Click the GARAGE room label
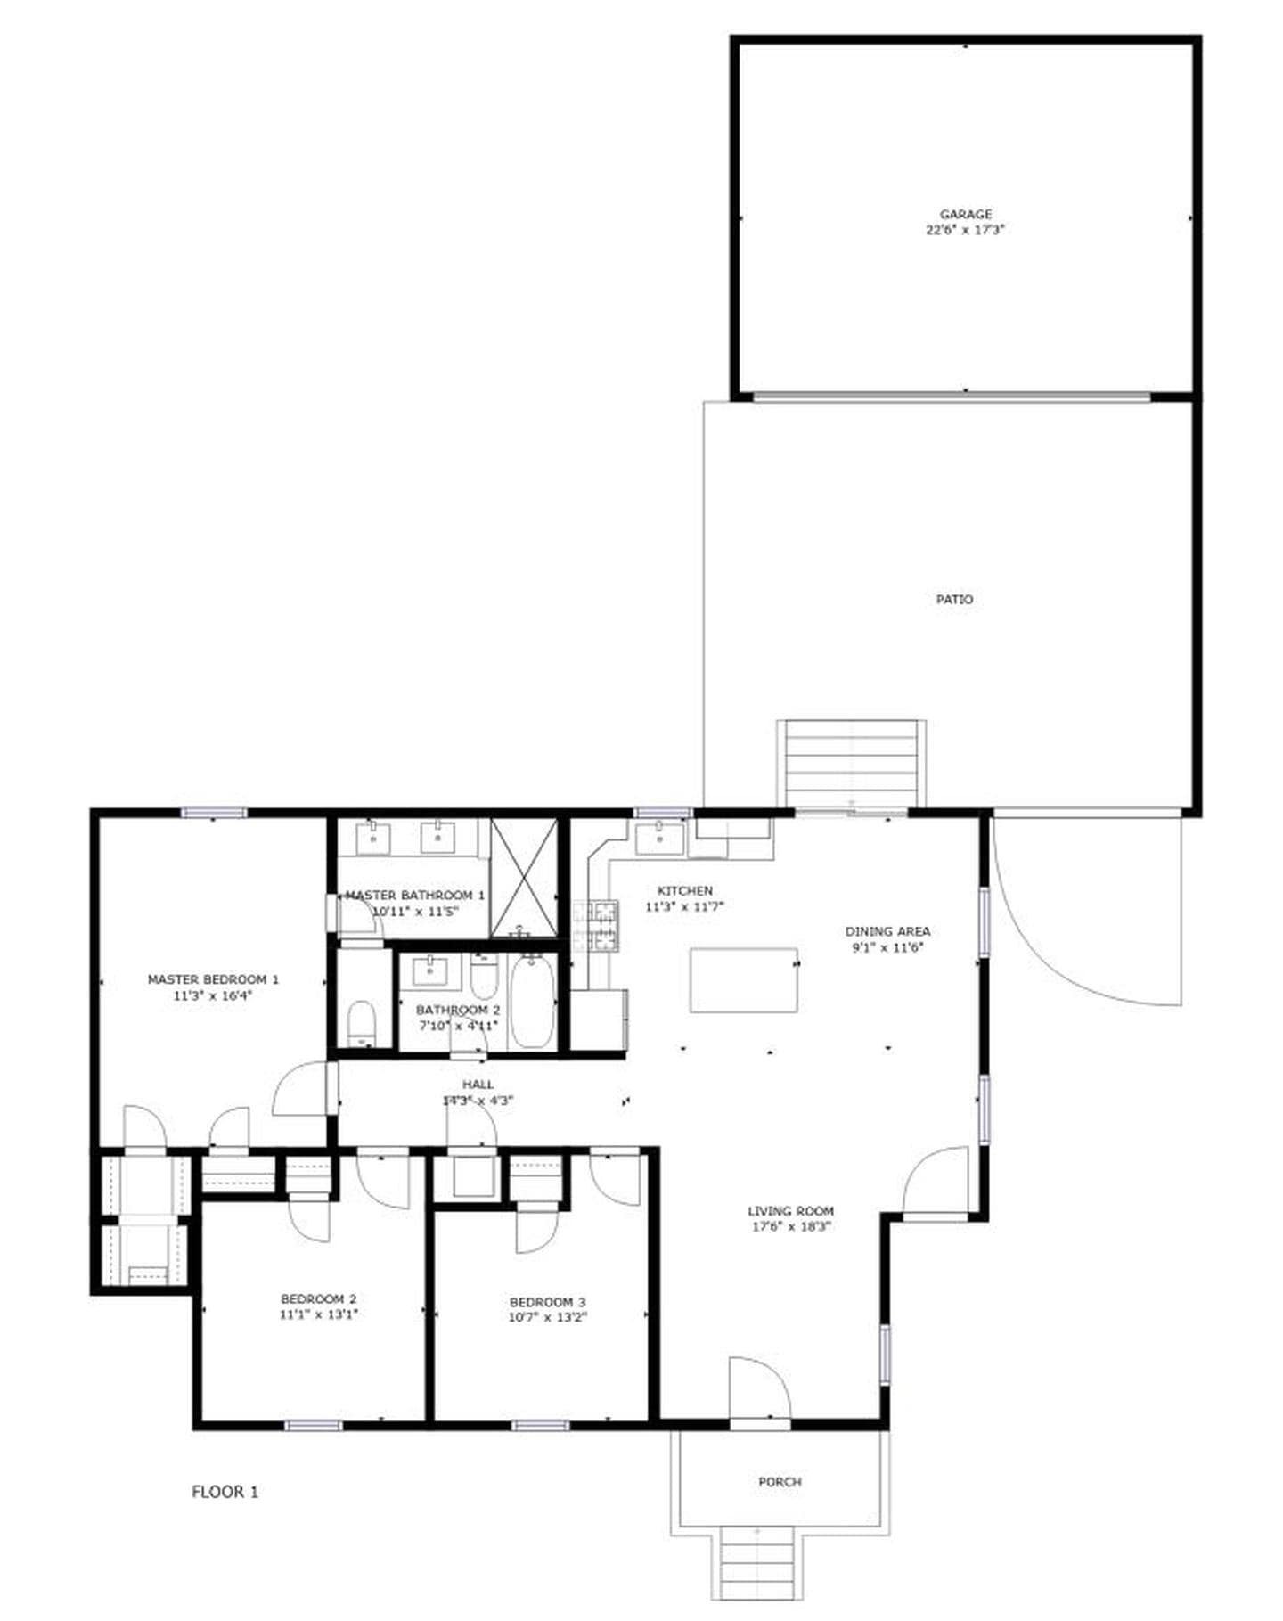(x=965, y=214)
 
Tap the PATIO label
(x=953, y=600)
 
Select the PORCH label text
(x=780, y=1481)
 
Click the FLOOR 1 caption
(x=225, y=1491)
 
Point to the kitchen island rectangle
(x=743, y=979)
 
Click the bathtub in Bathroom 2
(x=532, y=1001)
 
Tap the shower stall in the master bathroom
(x=524, y=877)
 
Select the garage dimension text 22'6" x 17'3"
(x=965, y=230)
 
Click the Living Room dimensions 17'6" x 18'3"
(x=790, y=1226)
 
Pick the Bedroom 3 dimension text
(x=547, y=1317)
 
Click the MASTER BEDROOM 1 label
(x=213, y=979)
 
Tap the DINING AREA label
(x=887, y=931)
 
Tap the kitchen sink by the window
(x=659, y=839)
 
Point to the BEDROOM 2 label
(x=318, y=1298)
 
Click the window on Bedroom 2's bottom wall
(x=313, y=1425)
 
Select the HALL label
(x=478, y=1085)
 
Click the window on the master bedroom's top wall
(x=214, y=812)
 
